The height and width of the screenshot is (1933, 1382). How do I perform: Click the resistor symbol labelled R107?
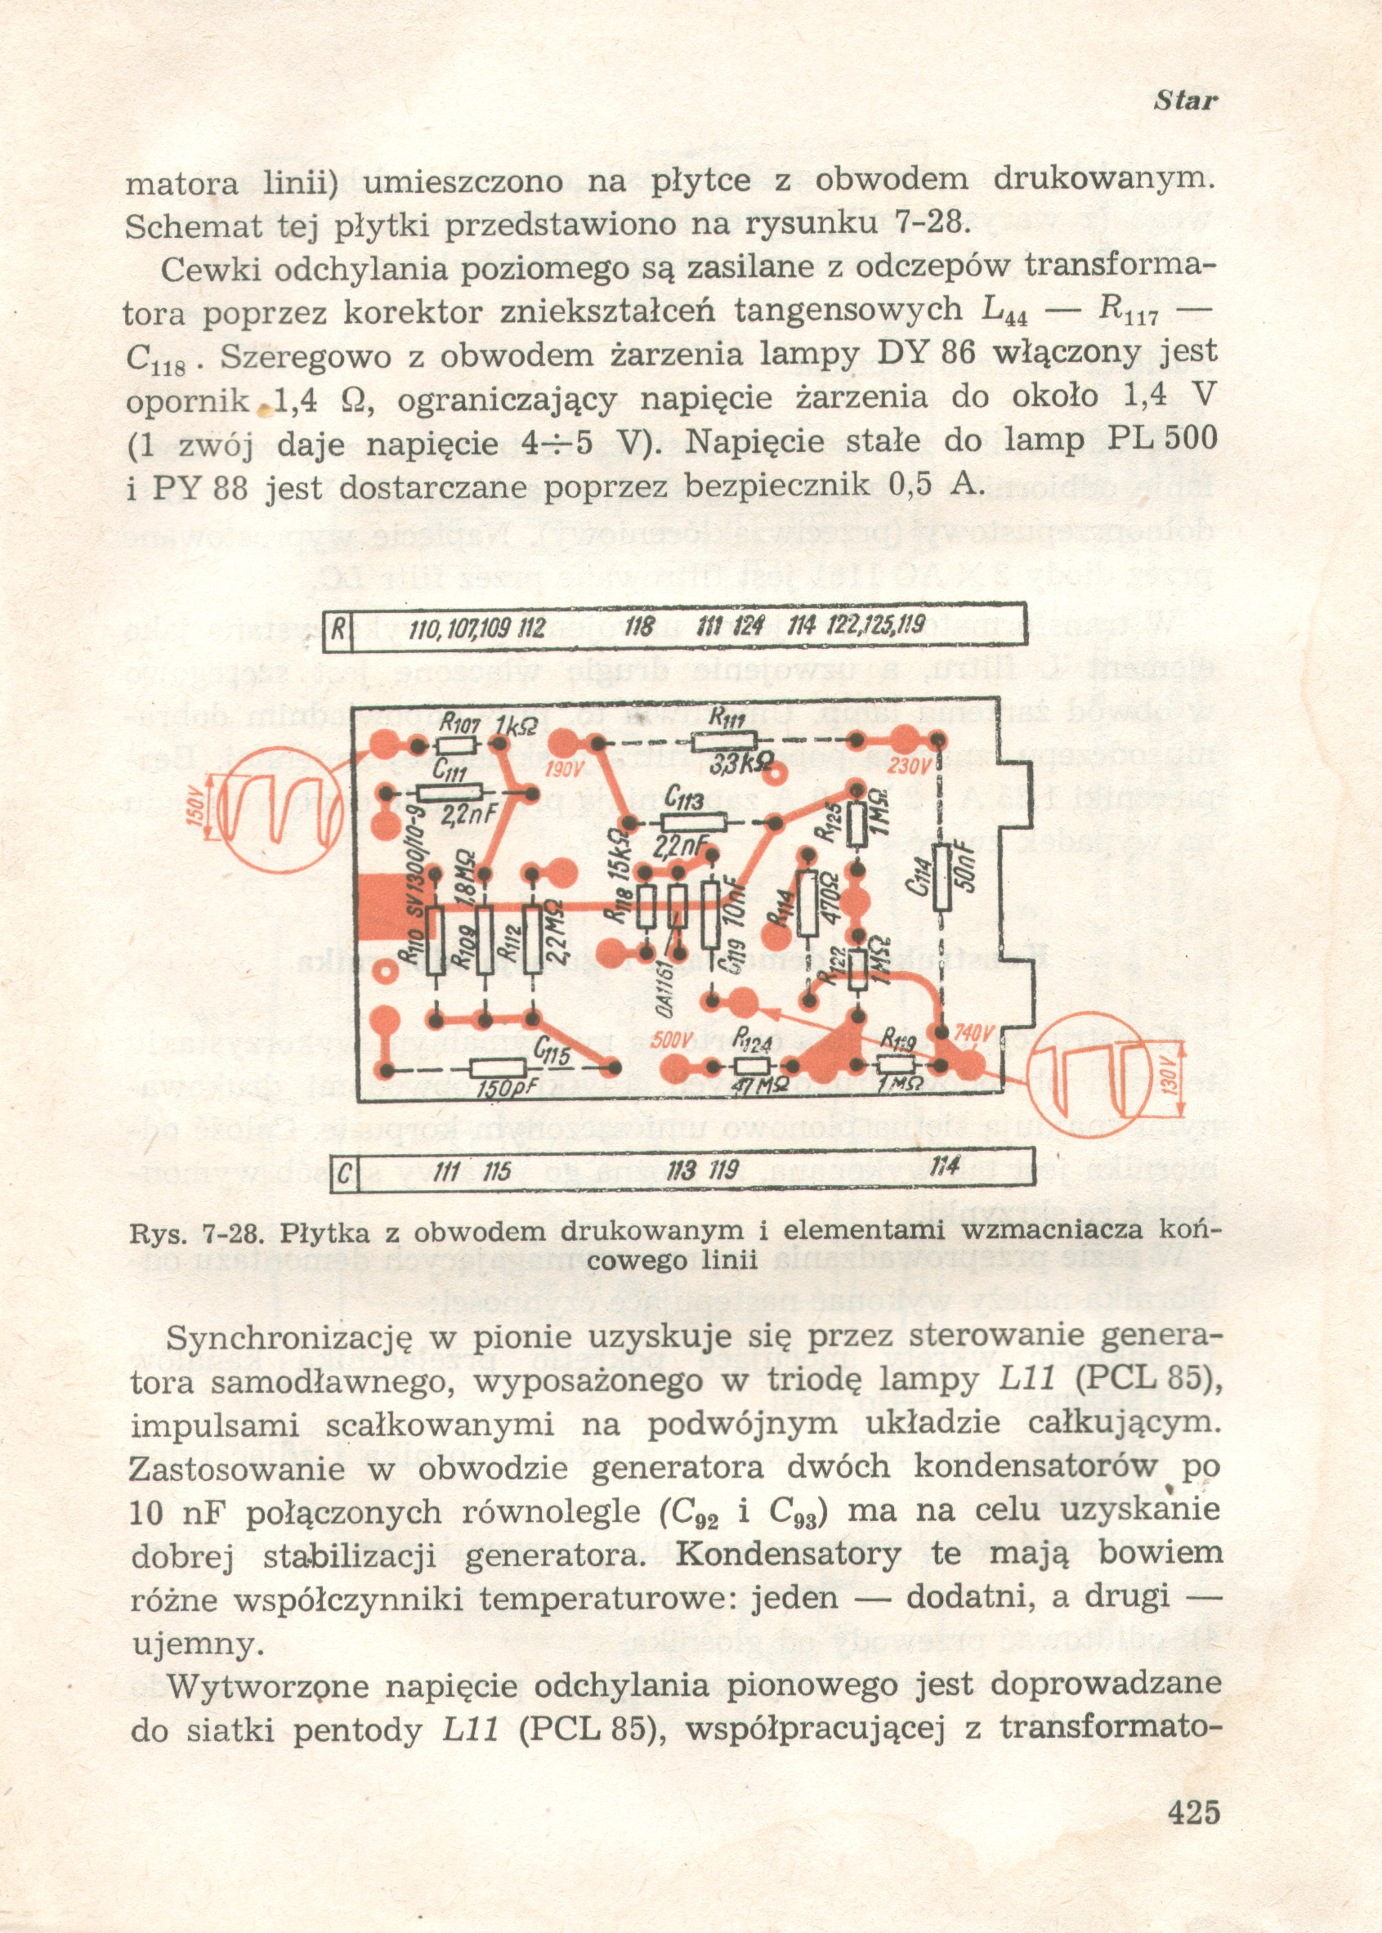[x=456, y=745]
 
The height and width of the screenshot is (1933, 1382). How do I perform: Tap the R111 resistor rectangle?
[x=725, y=742]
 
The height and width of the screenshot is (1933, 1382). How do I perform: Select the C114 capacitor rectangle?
[x=942, y=878]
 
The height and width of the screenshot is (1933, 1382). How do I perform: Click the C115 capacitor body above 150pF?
[x=499, y=1069]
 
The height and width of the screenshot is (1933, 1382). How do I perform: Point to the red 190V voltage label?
[x=561, y=772]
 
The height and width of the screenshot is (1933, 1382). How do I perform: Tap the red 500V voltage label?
[x=672, y=1040]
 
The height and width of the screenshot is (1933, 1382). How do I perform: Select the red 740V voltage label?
[x=974, y=1033]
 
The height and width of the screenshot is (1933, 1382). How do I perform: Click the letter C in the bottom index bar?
[x=344, y=1175]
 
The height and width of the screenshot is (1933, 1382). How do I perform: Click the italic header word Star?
[x=1185, y=101]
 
